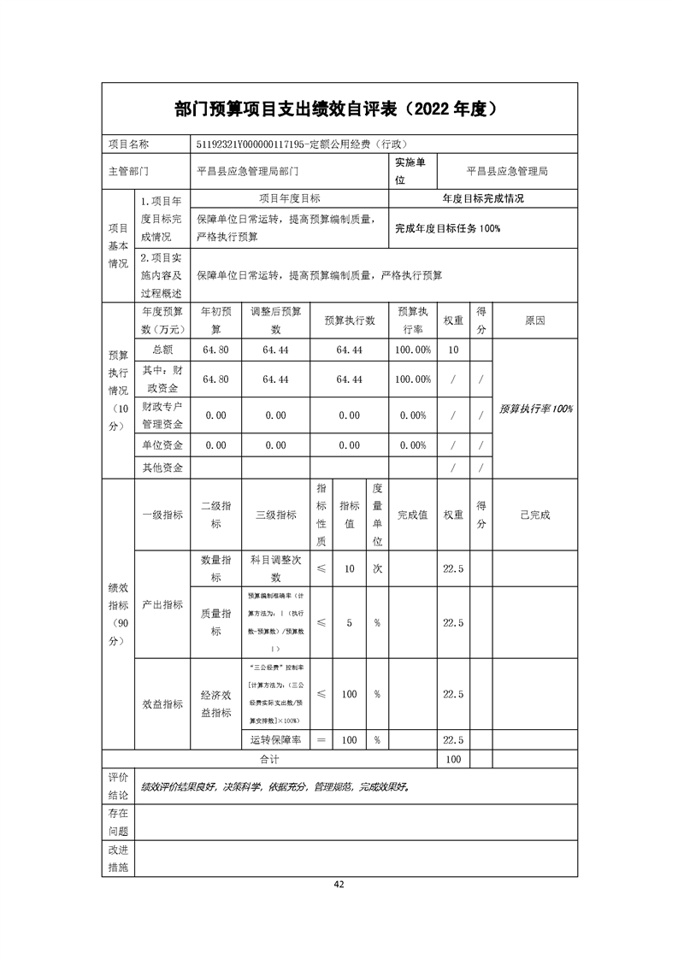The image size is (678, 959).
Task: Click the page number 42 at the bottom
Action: tap(339, 884)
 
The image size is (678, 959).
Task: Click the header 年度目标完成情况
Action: tap(483, 198)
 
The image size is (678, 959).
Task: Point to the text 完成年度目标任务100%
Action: tap(447, 228)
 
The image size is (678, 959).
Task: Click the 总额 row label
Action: tap(162, 350)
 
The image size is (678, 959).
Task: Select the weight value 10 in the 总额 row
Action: tap(453, 350)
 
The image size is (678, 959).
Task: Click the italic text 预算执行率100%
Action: tap(536, 409)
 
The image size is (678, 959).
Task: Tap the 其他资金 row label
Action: tap(162, 468)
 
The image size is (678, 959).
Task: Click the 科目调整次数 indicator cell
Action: tap(276, 568)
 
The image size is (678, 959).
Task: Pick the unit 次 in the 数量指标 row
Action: tap(377, 568)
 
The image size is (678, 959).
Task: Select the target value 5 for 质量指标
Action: tap(349, 623)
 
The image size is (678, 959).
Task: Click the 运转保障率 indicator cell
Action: tap(276, 739)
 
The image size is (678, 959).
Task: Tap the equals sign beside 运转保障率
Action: tap(321, 739)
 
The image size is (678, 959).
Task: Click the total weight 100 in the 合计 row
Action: tap(453, 759)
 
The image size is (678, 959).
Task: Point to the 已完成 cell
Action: tap(535, 515)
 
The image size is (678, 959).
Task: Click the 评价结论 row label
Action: tap(118, 785)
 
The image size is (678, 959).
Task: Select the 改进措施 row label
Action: tap(118, 859)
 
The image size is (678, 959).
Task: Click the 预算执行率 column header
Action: tap(413, 321)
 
